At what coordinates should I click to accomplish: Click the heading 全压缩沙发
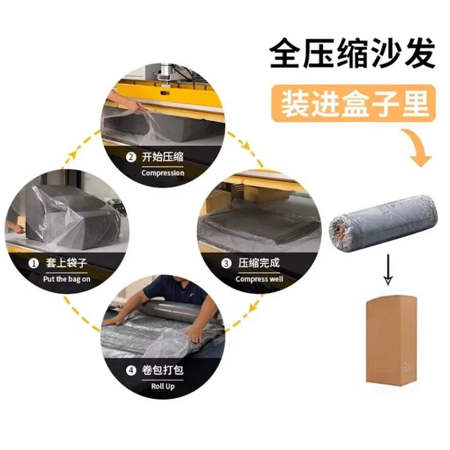[353, 53]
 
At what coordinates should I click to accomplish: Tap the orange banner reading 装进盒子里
[354, 103]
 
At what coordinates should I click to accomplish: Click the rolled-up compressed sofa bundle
[384, 221]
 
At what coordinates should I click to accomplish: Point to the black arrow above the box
[388, 269]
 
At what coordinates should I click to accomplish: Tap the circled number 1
[34, 263]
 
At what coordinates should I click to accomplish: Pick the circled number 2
[131, 157]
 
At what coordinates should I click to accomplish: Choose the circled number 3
[226, 263]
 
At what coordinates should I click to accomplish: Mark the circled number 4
[131, 371]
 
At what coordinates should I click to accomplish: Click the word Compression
[163, 173]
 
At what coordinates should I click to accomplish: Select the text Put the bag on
[66, 279]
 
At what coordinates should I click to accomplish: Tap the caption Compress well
[259, 279]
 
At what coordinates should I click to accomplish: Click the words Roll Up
[163, 386]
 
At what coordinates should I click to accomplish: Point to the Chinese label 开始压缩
[163, 157]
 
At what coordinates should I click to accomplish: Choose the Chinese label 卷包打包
[163, 370]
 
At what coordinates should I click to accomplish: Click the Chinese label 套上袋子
[66, 263]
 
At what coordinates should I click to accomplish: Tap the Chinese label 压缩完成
[259, 263]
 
